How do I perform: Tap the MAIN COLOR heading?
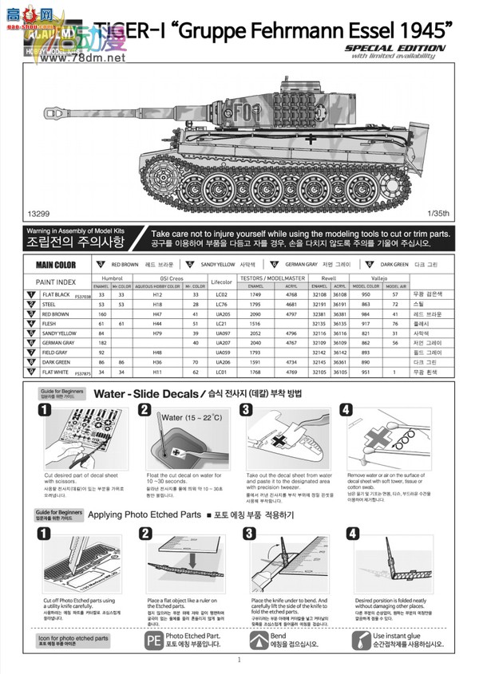coord(57,265)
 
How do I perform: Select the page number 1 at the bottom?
coord(239,660)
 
